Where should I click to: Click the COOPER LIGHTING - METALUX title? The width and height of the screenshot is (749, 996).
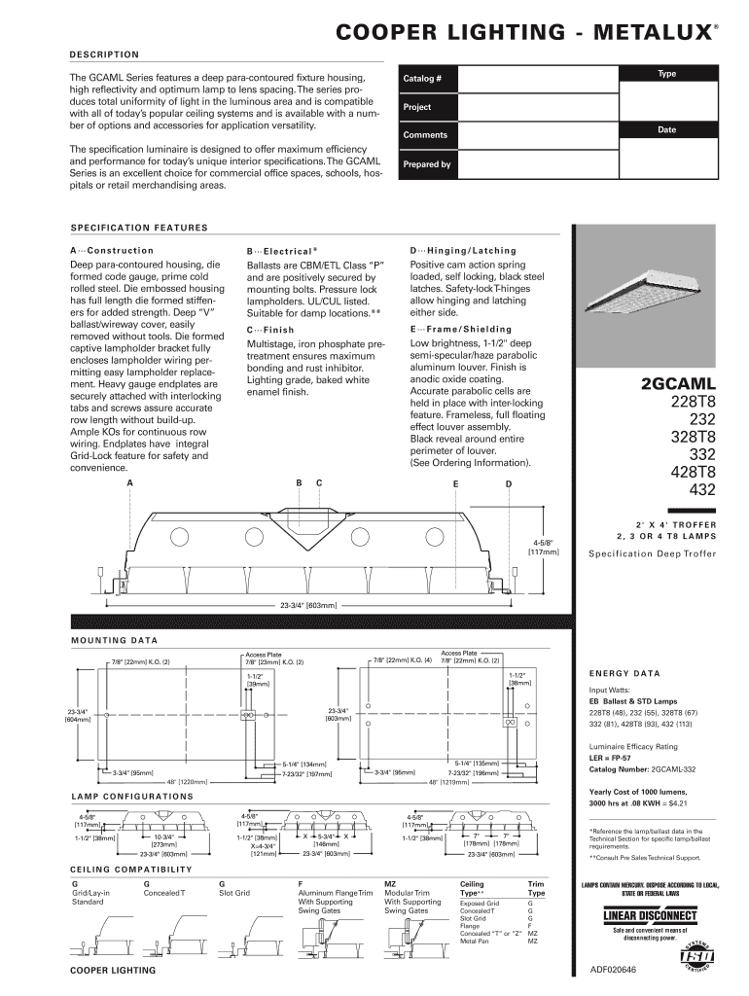tap(525, 33)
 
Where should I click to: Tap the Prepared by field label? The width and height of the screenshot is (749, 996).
tap(427, 164)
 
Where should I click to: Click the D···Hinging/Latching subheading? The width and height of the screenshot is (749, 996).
tap(463, 250)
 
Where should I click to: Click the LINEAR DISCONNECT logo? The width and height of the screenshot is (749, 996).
tap(650, 916)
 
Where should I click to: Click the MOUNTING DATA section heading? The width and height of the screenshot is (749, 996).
tap(115, 640)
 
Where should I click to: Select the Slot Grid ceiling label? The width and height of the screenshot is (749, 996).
tap(234, 892)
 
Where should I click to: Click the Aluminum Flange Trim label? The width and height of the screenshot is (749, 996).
tap(336, 892)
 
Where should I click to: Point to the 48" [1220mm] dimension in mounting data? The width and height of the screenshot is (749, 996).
tap(187, 782)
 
